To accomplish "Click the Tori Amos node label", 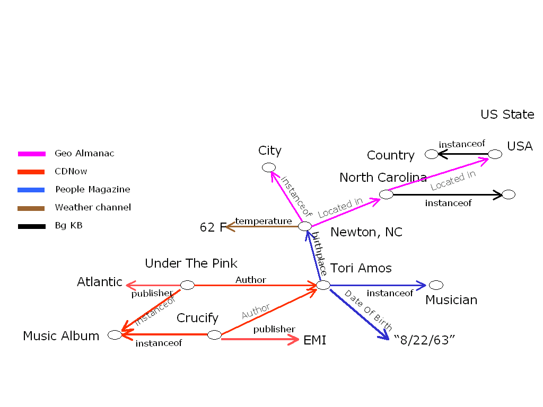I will tap(361, 268).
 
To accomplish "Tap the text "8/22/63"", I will tap(425, 340).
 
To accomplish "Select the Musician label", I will tap(451, 300).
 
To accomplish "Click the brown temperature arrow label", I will tap(263, 221).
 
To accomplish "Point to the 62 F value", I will tap(212, 227).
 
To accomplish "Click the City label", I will tap(269, 151).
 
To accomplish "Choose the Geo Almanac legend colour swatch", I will tap(32, 154).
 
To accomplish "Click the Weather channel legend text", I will tap(93, 207).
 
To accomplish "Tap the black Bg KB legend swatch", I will tap(32, 226).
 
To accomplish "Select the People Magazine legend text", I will tap(92, 189).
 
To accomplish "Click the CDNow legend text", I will tap(71, 171).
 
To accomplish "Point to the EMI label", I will tap(314, 340).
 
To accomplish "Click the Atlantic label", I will tap(100, 282).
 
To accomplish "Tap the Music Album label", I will tap(61, 336).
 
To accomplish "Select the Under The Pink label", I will tap(191, 263).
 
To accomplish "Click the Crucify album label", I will tap(197, 318).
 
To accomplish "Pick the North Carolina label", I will tap(383, 178).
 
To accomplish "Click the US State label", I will tap(507, 114).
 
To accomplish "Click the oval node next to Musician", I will tap(436, 285).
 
